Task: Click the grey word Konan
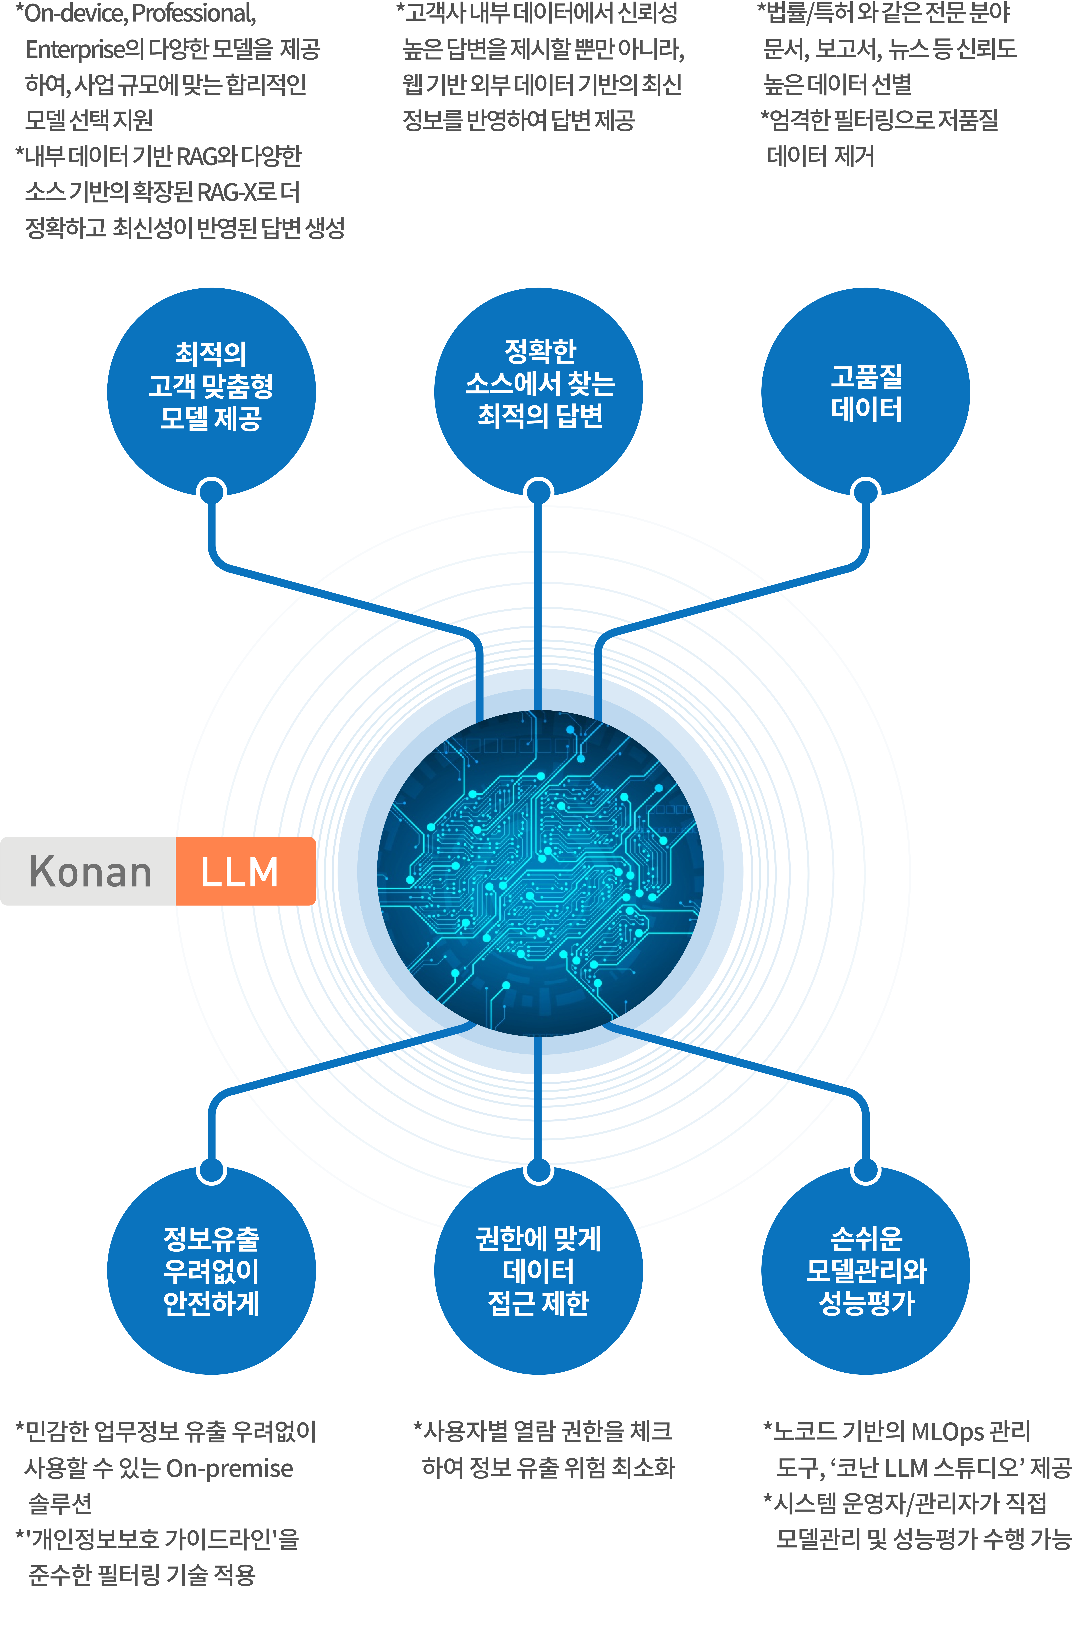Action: pos(90,872)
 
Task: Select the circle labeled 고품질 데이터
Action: pos(865,392)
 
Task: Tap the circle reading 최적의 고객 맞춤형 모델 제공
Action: pos(212,392)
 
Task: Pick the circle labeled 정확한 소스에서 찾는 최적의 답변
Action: pos(539,392)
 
